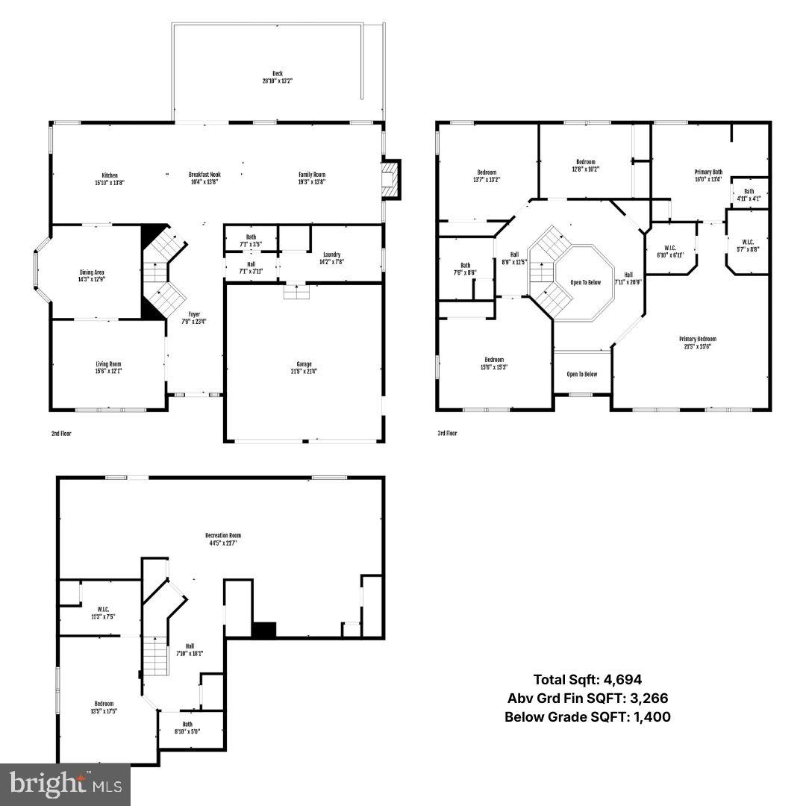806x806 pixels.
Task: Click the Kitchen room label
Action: (x=109, y=178)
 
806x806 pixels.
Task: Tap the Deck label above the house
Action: (x=277, y=77)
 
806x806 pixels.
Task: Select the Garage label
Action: (x=304, y=367)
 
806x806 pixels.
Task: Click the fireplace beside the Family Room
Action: (x=390, y=179)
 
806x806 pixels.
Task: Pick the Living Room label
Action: (x=108, y=367)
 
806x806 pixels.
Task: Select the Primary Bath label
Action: (x=708, y=175)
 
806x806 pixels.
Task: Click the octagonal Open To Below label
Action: (x=585, y=282)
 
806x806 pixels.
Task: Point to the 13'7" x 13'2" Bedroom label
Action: (x=486, y=175)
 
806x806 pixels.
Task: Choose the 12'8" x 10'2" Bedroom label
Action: (x=586, y=165)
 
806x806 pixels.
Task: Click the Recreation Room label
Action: (x=223, y=539)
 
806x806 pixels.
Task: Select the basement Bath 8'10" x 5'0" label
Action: (x=187, y=728)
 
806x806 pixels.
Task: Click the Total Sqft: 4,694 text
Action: (x=587, y=679)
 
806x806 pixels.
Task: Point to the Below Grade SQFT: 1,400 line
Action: (x=587, y=717)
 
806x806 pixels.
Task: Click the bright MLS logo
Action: (x=65, y=784)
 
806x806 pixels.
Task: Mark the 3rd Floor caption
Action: (x=447, y=433)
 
